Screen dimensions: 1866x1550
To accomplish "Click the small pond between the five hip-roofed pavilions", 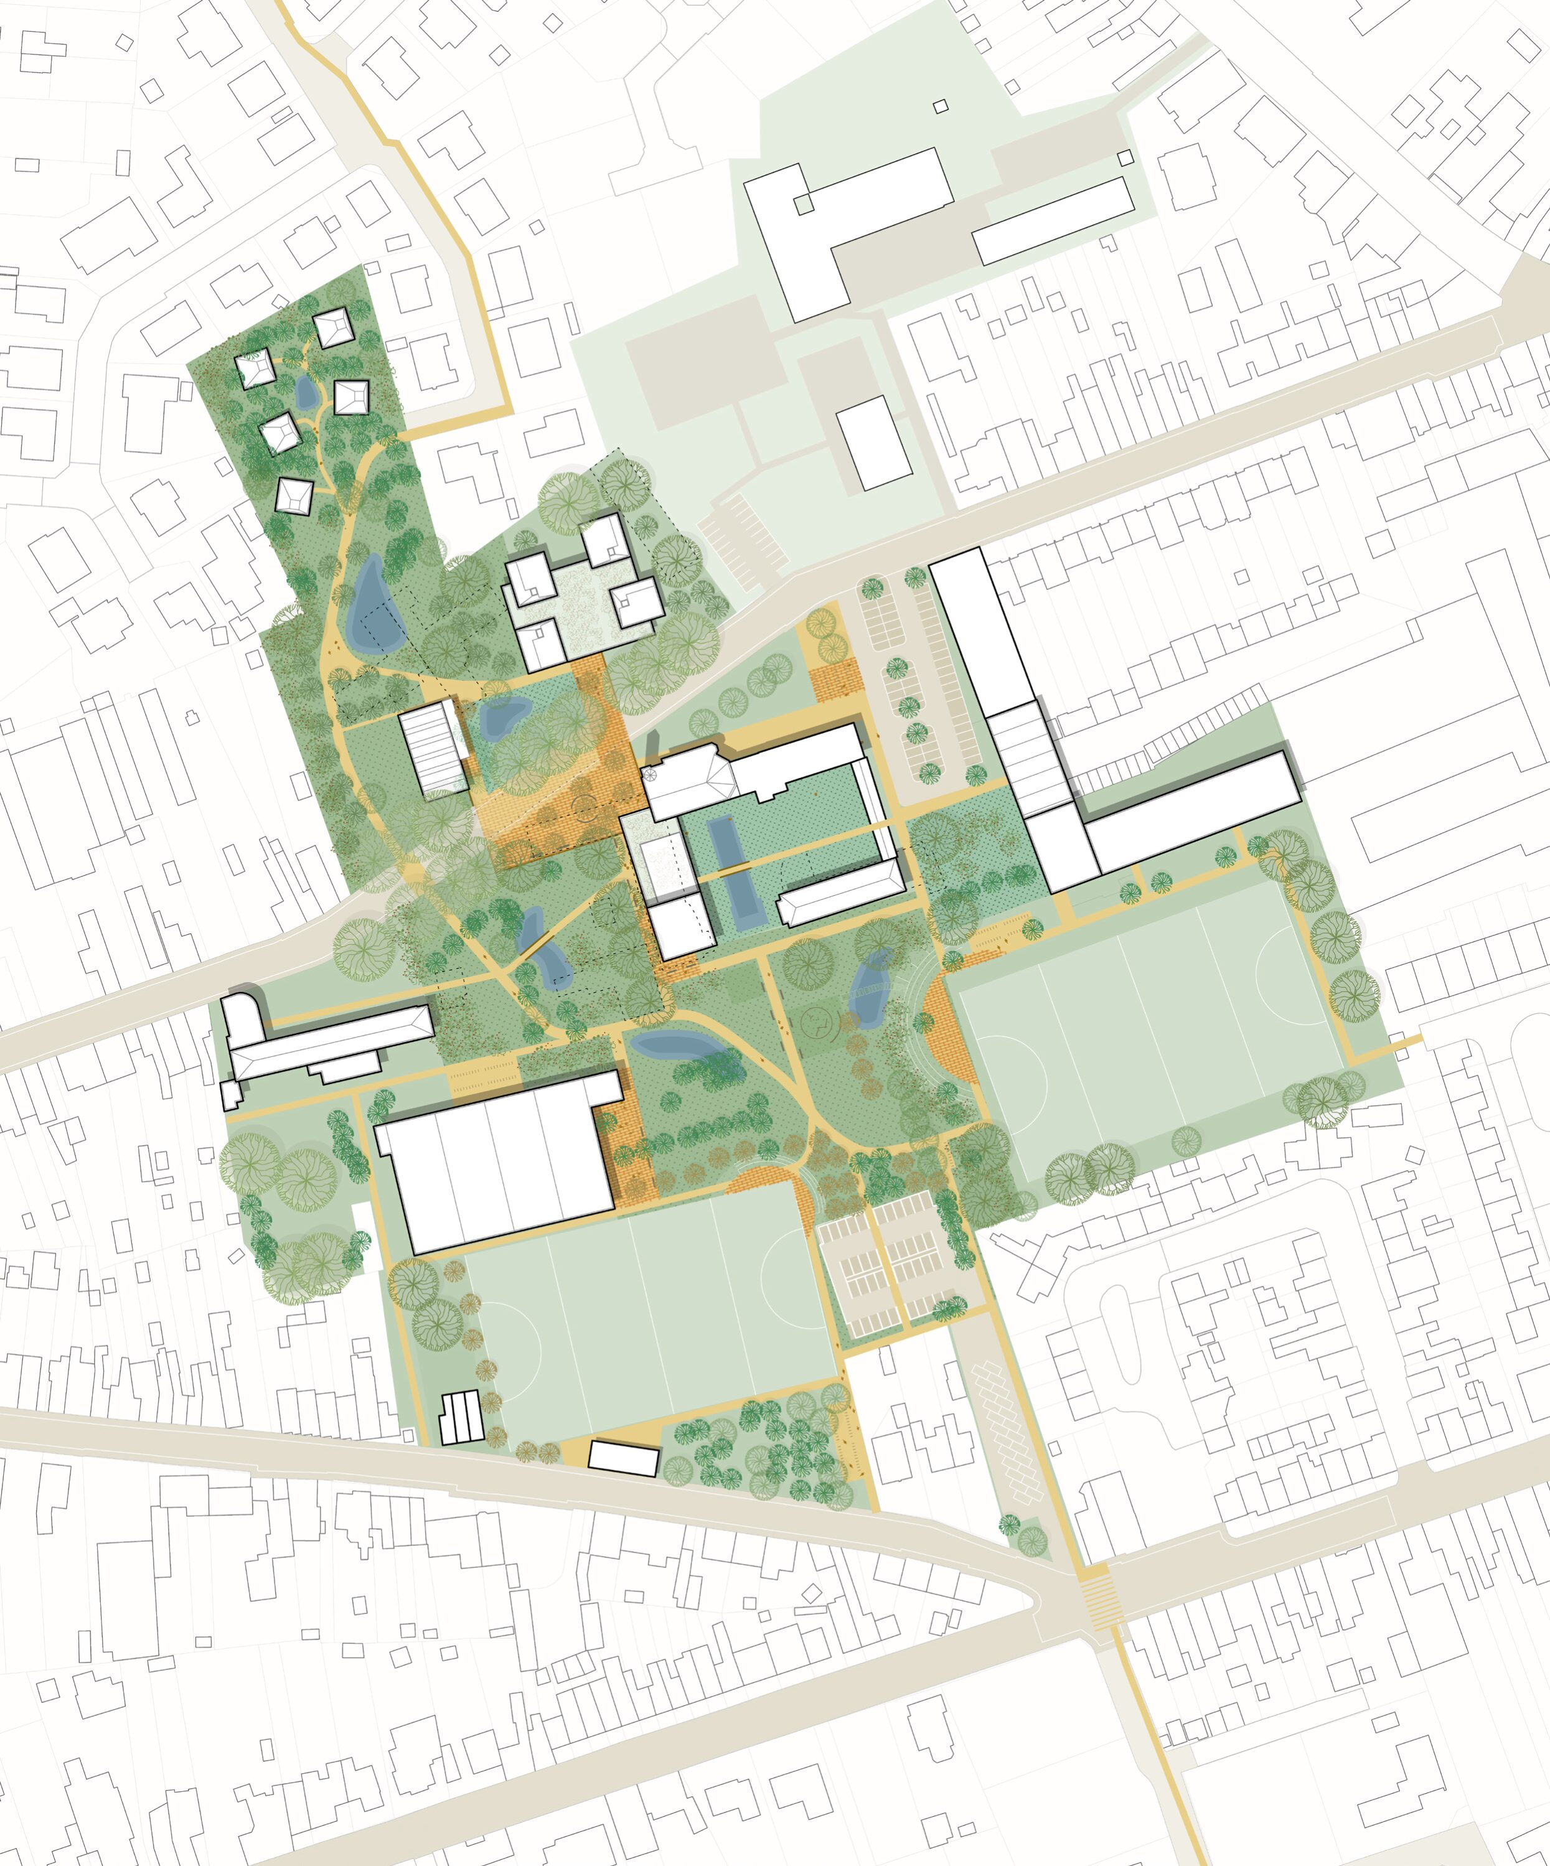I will click(305, 392).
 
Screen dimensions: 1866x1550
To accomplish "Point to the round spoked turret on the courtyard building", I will click(650, 774).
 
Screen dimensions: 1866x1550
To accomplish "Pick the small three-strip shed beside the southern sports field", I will click(461, 1417).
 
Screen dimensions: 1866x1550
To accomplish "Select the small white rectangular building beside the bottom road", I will click(624, 1459).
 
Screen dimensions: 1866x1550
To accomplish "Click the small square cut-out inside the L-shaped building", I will click(804, 204).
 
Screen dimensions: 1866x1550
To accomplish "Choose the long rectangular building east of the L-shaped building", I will click(1053, 221).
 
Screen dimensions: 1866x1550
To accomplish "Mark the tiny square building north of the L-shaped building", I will click(941, 106).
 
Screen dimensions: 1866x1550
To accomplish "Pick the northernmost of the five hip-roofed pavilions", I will click(332, 328).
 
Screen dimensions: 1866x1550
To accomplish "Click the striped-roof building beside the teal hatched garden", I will click(433, 746).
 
